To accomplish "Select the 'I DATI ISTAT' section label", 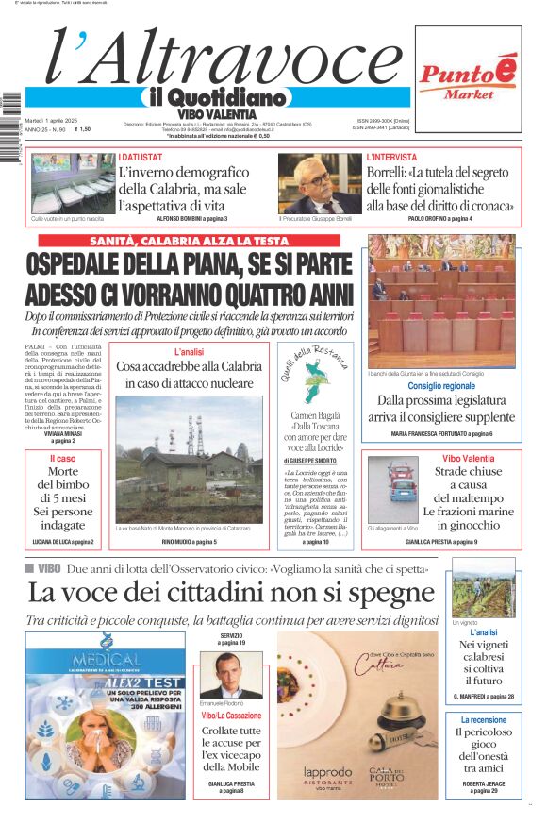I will click(x=141, y=156).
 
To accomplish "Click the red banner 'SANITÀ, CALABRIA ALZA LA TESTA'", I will click(x=189, y=241).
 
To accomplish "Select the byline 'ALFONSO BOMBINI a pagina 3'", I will click(x=191, y=218).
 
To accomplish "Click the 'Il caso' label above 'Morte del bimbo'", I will click(x=63, y=458).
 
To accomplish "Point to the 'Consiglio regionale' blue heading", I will click(x=441, y=386).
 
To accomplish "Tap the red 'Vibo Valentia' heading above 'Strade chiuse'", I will click(x=469, y=458).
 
